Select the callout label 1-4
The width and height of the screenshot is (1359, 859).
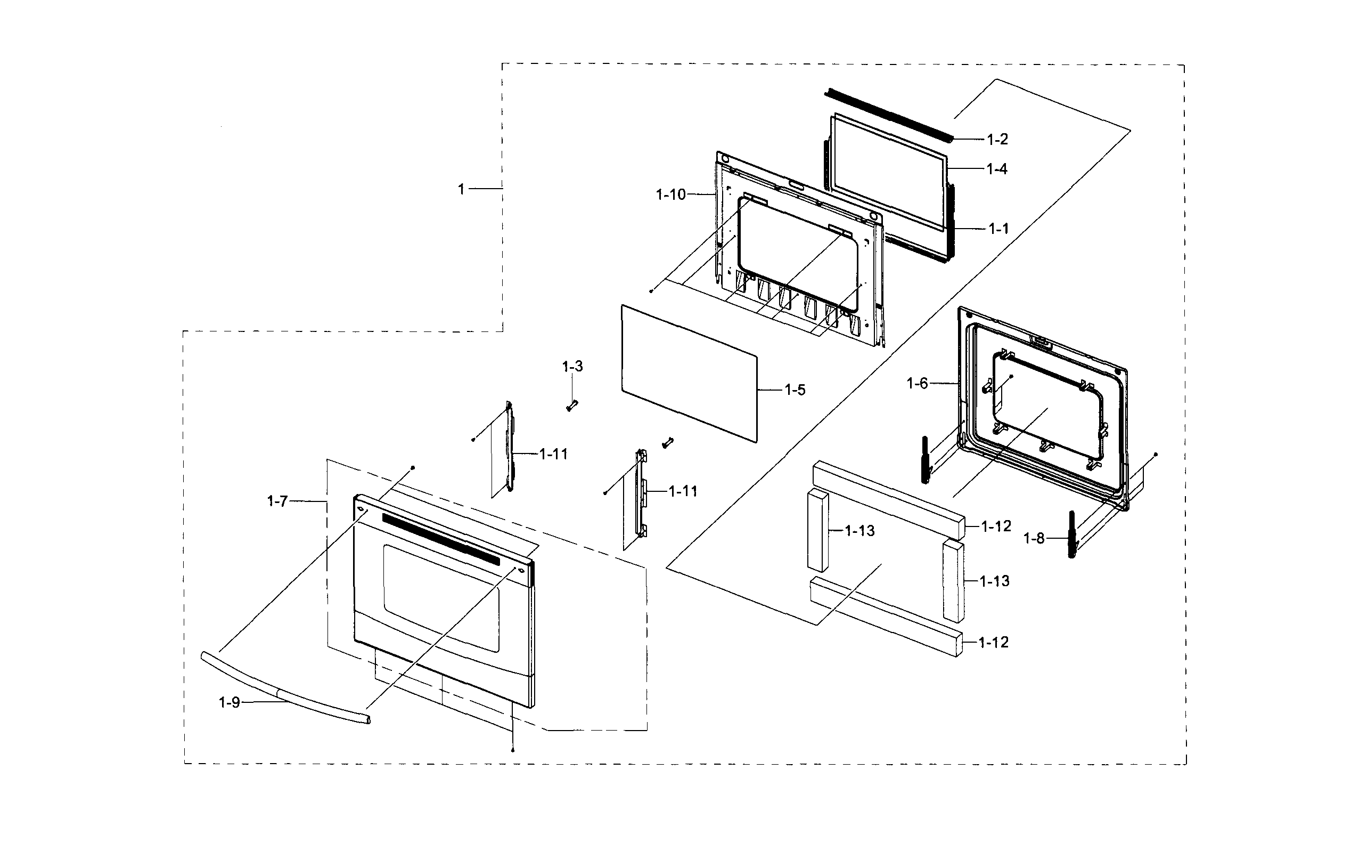pos(997,169)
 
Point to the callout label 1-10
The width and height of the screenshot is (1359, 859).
pos(670,195)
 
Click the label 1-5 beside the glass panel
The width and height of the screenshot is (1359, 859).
pos(795,390)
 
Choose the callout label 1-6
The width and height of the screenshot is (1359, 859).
pos(917,384)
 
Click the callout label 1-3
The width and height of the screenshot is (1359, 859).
pos(572,367)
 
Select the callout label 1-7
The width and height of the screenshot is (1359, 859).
pos(277,501)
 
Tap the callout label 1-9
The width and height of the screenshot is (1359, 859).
pos(229,702)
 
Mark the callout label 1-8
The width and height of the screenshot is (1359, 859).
pos(1034,539)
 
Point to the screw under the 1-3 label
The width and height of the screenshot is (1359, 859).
pos(570,406)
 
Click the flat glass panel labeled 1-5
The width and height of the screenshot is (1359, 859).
pos(689,372)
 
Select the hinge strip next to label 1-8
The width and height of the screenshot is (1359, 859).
pos(1072,534)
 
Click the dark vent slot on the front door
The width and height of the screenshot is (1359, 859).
pos(440,539)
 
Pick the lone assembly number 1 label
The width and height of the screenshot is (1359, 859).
pos(461,189)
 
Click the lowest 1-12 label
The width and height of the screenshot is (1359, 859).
pos(993,642)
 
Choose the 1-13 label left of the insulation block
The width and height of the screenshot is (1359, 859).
pos(859,531)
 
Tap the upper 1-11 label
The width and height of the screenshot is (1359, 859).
pos(553,454)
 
